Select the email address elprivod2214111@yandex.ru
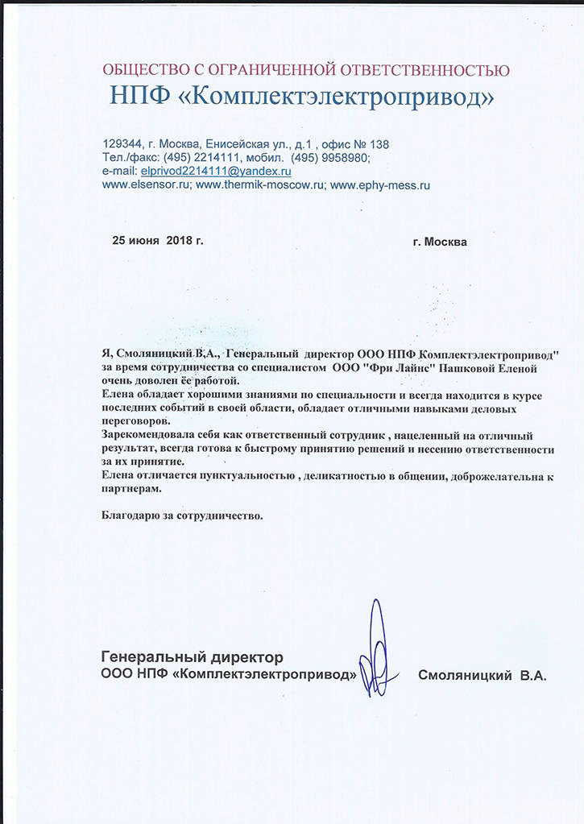point(216,172)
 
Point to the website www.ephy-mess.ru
point(380,184)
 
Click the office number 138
point(379,144)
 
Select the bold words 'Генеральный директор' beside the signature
point(193,657)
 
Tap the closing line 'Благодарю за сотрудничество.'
point(183,514)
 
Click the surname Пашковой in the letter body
point(462,367)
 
